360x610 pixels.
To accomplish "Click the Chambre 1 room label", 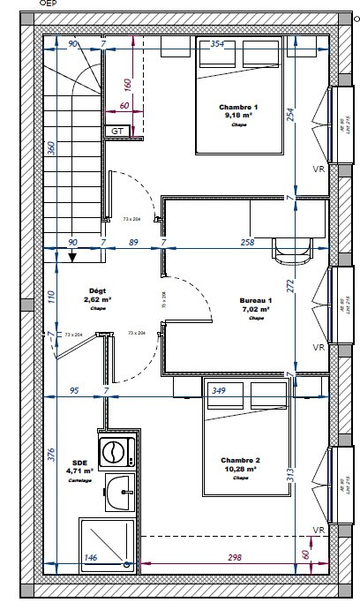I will point(238,107).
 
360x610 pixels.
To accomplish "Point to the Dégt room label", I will point(98,290).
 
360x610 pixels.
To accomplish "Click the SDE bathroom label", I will point(79,462).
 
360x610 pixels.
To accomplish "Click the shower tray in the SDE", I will point(106,540).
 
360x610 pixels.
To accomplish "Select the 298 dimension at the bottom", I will point(235,557).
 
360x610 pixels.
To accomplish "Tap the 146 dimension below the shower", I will point(90,557).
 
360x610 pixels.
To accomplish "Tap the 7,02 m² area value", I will point(256,310).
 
